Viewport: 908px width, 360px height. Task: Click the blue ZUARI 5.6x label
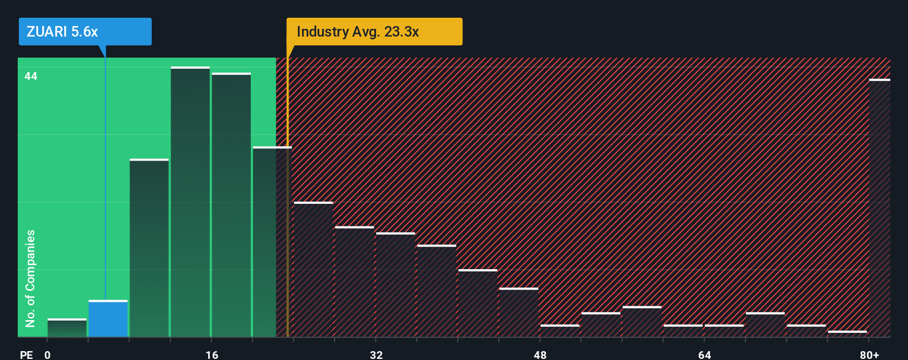coord(85,32)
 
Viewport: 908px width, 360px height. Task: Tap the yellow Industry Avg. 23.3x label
coord(374,32)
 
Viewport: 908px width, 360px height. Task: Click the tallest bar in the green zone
coord(190,202)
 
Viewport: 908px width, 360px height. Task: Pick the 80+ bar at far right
coord(879,208)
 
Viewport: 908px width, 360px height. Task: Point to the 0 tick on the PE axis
coord(48,354)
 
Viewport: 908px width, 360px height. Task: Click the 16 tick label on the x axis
coord(212,354)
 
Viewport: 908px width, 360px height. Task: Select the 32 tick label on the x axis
coord(376,354)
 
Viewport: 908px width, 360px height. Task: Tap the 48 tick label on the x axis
coord(540,354)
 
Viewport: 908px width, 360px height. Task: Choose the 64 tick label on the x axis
coord(704,354)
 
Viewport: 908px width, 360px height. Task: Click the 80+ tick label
coord(869,354)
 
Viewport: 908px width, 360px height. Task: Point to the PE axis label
coord(26,354)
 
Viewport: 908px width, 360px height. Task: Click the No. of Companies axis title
coord(30,278)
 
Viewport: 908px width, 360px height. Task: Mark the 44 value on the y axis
coord(31,76)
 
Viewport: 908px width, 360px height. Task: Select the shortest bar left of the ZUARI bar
coord(67,328)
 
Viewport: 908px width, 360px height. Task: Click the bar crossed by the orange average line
coord(272,241)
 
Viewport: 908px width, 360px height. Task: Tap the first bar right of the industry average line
coord(313,269)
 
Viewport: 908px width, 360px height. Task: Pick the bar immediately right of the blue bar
coord(149,248)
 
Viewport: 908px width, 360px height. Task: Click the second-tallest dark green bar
coord(231,205)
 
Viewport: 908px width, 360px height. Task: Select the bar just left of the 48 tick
coord(518,312)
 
